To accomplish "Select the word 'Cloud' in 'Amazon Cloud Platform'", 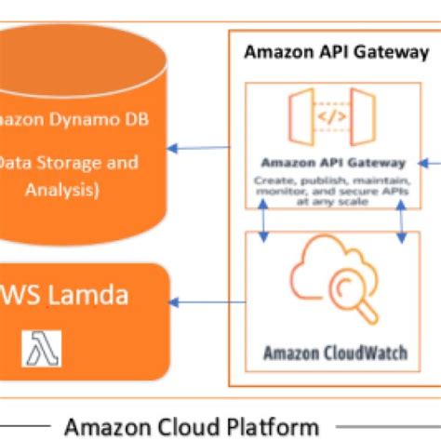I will tap(189, 427).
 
